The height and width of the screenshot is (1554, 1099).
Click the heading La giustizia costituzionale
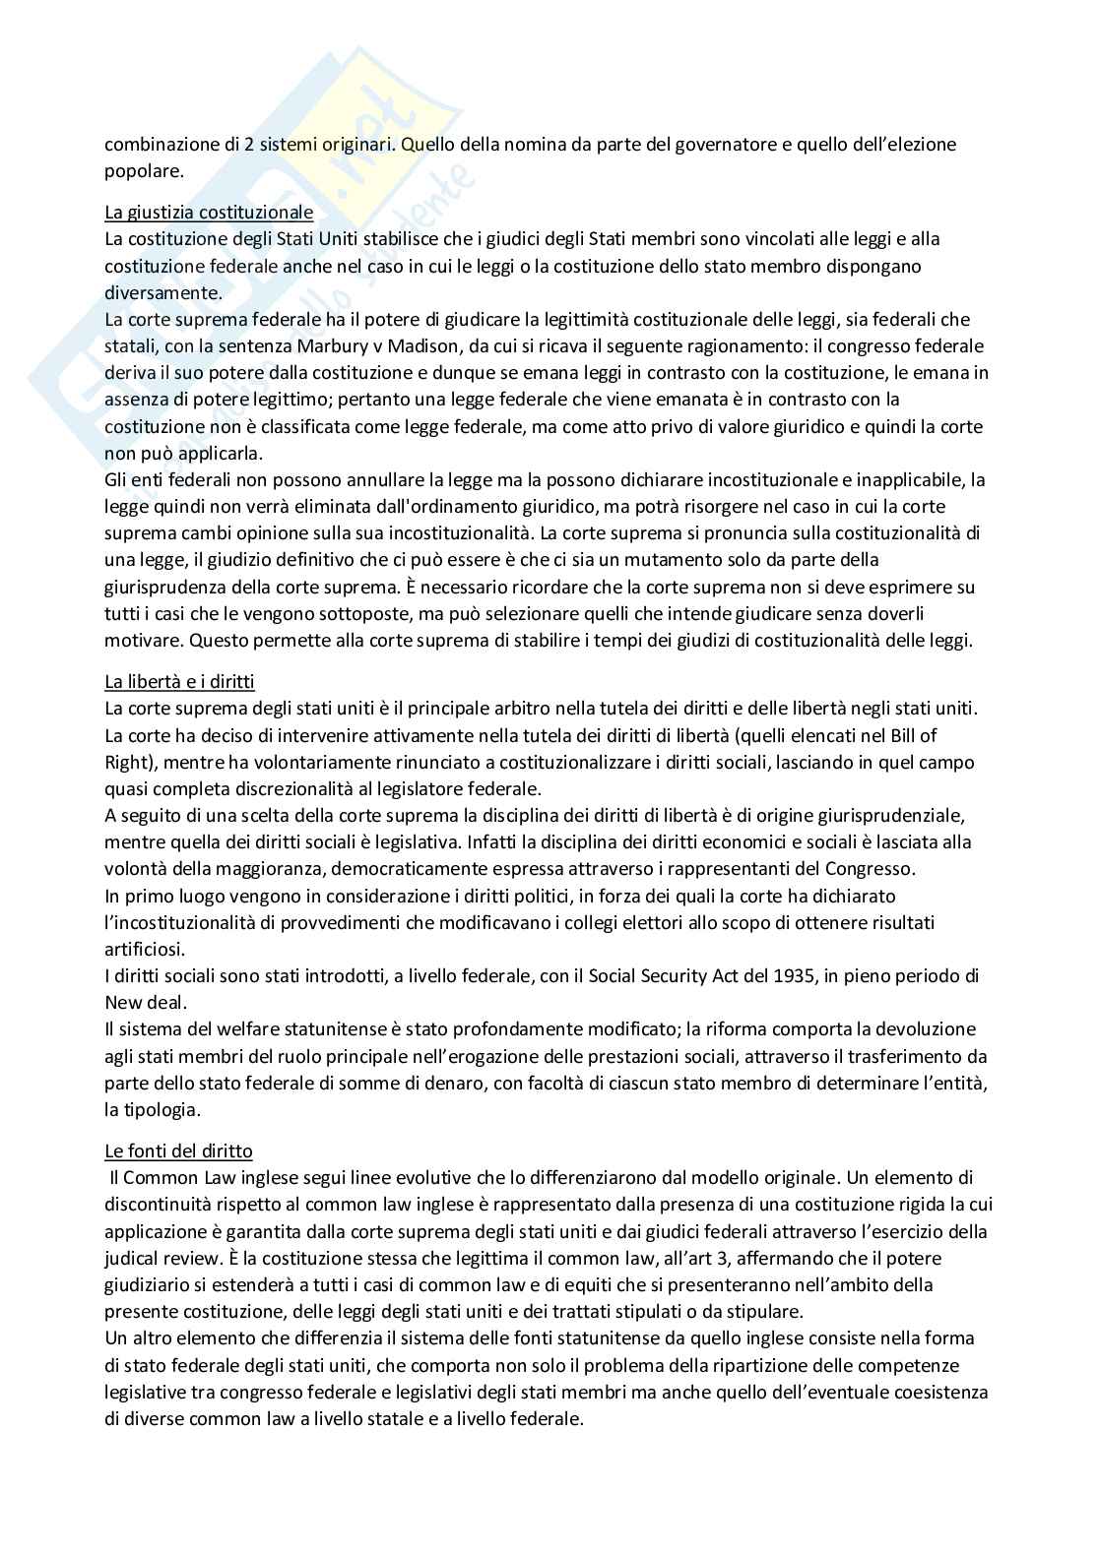[x=209, y=212]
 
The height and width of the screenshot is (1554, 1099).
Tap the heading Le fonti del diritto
[x=178, y=1150]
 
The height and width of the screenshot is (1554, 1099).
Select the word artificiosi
[x=144, y=950]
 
